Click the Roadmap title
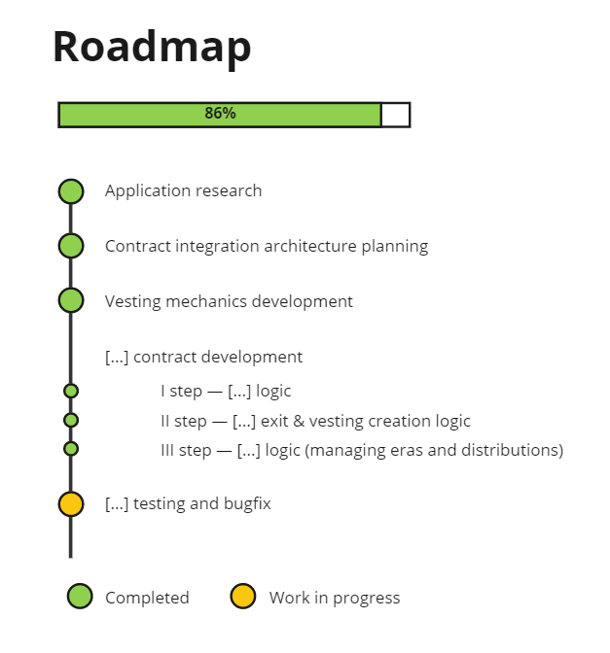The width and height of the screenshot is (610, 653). click(x=152, y=47)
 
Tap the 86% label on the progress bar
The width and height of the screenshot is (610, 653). click(x=220, y=114)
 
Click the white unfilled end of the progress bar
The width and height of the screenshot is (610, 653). click(x=395, y=115)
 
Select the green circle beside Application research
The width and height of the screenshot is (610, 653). click(x=71, y=191)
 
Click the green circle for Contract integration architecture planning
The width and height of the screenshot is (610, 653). click(x=71, y=246)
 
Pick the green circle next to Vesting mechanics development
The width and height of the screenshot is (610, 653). click(x=71, y=300)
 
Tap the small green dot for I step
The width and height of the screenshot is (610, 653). click(x=71, y=392)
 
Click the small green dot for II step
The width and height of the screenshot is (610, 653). click(x=71, y=421)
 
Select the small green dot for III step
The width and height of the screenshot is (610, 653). click(x=71, y=449)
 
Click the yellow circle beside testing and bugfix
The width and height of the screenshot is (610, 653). click(x=71, y=504)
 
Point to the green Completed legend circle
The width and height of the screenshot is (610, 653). click(x=80, y=597)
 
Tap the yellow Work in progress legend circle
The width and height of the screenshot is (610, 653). click(x=242, y=597)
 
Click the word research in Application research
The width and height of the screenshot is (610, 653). click(x=229, y=191)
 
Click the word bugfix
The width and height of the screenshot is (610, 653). click(x=246, y=504)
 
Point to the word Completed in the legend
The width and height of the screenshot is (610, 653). click(x=147, y=598)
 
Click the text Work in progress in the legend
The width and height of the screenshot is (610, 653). click(x=335, y=598)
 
